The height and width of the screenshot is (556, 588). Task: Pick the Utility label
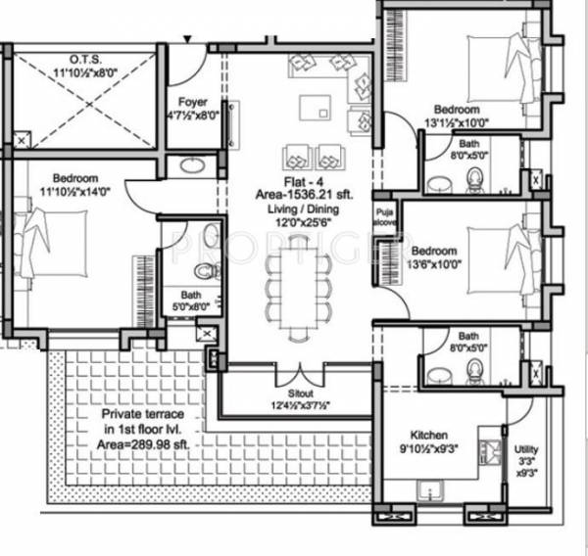point(526,449)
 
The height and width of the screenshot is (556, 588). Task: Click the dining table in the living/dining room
point(294,282)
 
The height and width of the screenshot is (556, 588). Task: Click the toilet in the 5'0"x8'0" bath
point(204,270)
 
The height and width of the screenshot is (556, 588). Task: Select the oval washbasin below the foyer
point(190,166)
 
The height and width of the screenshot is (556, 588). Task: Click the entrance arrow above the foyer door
point(188,38)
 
